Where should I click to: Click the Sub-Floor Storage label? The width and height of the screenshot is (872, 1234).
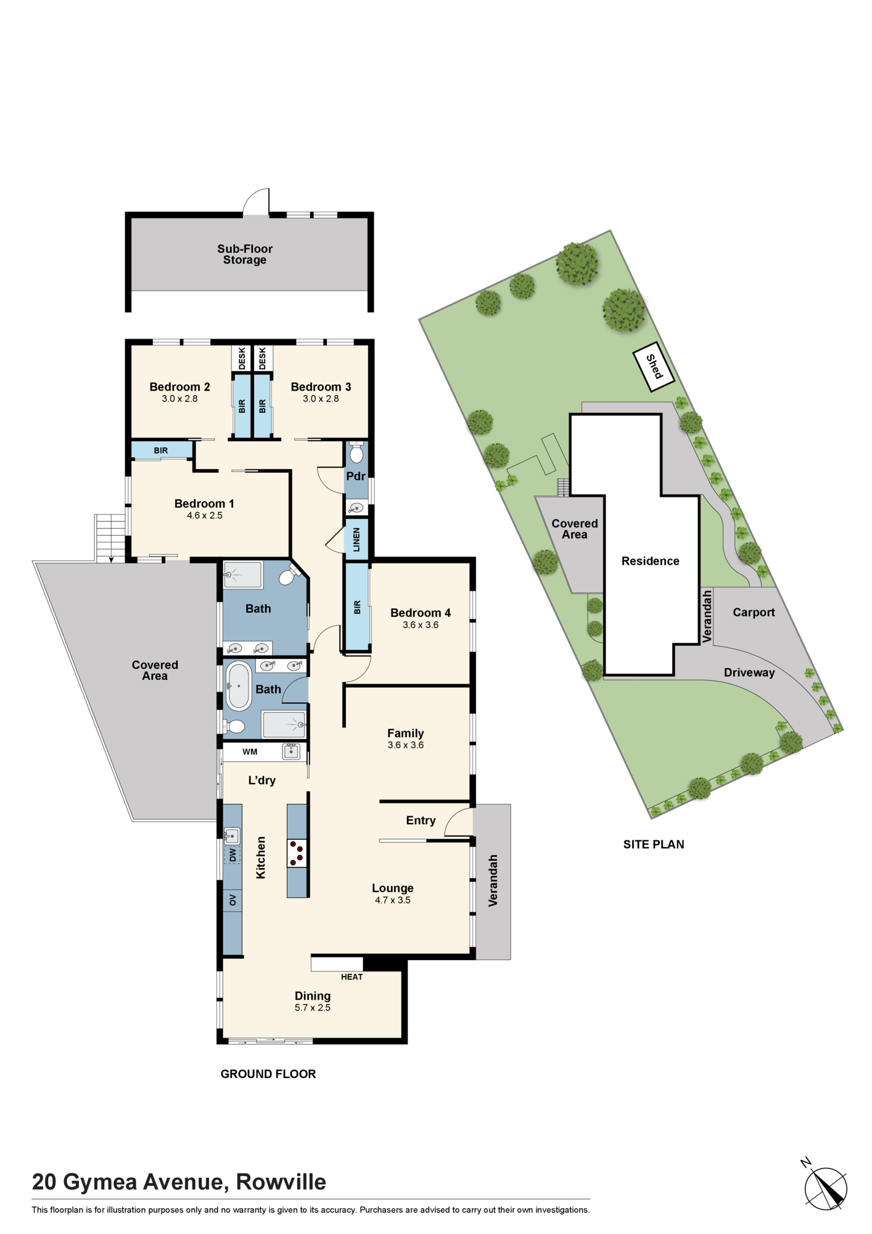[245, 254]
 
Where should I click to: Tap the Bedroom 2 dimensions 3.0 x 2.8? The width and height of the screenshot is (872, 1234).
[179, 399]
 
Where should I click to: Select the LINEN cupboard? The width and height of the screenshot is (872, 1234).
[356, 540]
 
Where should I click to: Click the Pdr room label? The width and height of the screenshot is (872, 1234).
[356, 476]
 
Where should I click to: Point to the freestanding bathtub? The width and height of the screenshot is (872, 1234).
[238, 685]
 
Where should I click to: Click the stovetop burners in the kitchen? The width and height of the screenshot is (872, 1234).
[297, 853]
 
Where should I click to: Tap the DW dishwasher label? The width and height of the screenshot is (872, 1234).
[232, 855]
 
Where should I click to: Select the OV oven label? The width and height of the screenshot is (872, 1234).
[232, 901]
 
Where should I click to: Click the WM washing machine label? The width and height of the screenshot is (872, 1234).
[250, 752]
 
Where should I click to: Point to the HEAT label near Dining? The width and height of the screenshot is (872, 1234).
[352, 977]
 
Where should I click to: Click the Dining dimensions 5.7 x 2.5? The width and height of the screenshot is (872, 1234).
[313, 1008]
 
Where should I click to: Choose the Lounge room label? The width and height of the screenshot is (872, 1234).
[393, 888]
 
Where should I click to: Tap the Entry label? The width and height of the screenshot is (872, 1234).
[421, 821]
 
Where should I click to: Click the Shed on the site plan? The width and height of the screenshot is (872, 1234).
[654, 367]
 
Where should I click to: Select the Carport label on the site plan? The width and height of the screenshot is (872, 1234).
[754, 612]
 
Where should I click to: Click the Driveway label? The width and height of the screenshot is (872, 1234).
[749, 673]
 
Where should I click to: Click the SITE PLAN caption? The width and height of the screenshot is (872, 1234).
[654, 844]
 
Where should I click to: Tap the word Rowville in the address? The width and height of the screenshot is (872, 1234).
[281, 1182]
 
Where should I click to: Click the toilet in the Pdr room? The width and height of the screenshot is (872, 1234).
[356, 452]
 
